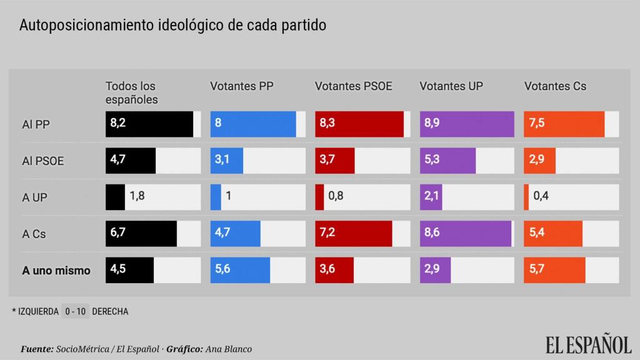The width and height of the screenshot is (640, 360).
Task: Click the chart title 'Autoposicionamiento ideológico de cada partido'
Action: (x=172, y=26)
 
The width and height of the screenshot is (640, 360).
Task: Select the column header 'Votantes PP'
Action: (x=241, y=86)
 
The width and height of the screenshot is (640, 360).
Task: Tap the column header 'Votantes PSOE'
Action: (x=353, y=86)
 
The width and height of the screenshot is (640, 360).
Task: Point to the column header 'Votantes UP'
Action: (x=451, y=86)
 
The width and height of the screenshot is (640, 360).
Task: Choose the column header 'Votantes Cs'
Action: (x=555, y=86)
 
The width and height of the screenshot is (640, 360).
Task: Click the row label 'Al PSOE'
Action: (x=43, y=161)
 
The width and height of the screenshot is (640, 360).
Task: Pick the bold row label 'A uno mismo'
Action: (x=56, y=271)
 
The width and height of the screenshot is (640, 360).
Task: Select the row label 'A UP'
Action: (x=35, y=197)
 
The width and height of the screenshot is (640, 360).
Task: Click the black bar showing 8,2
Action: (x=149, y=124)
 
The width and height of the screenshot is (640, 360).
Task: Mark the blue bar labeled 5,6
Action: (x=240, y=271)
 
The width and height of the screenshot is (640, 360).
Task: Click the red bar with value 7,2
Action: (x=353, y=234)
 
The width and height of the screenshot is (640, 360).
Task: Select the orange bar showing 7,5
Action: (x=564, y=124)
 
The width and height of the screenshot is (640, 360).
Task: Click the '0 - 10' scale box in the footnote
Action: (x=76, y=311)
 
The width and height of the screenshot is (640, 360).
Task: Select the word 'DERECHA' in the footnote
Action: (x=110, y=311)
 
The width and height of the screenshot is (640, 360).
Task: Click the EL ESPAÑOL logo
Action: (x=588, y=344)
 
